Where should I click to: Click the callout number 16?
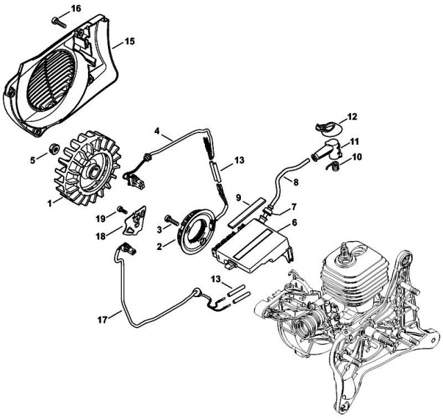75,8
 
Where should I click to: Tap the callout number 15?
129,42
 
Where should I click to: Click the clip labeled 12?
325,125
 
